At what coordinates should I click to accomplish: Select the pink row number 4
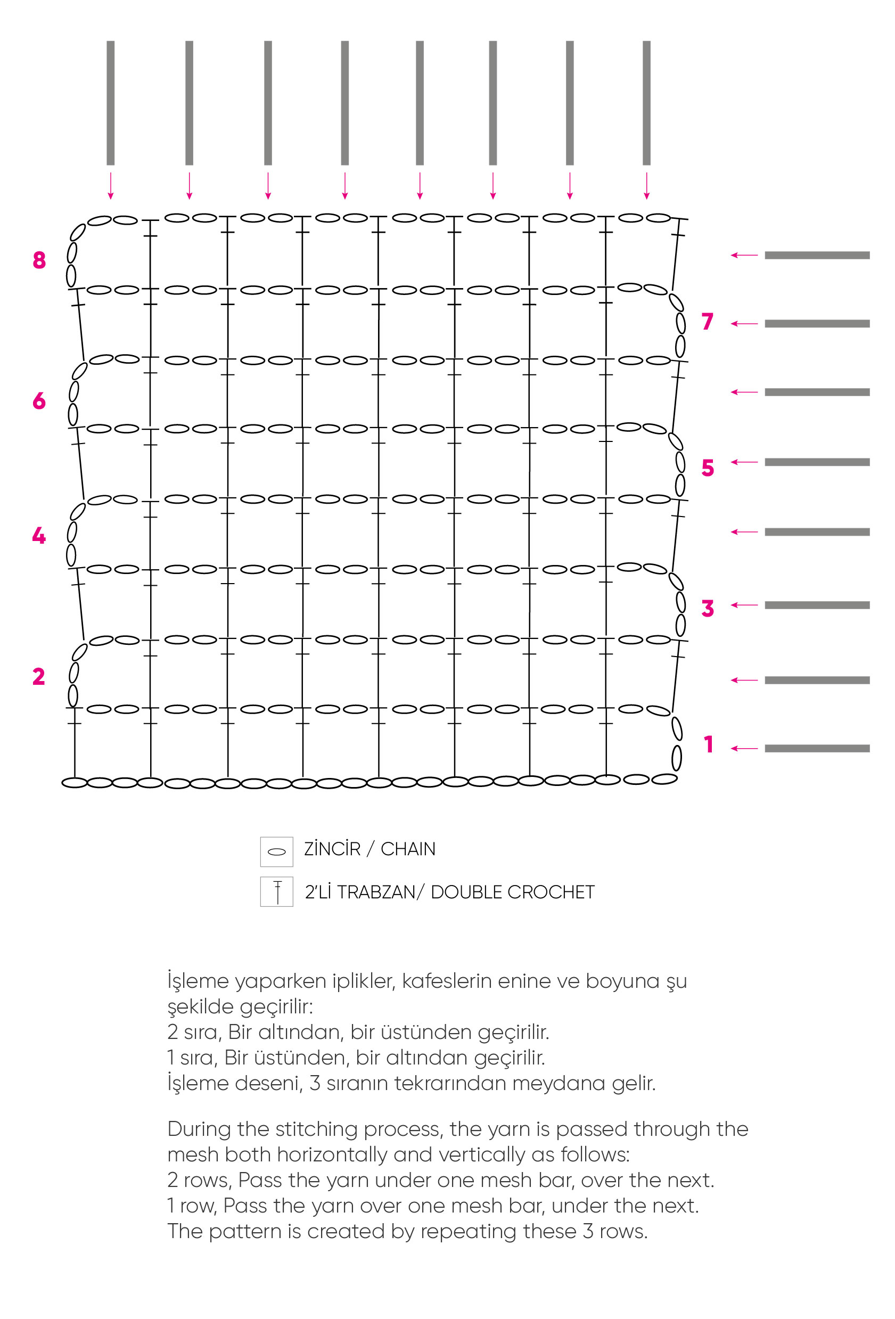pyautogui.click(x=38, y=535)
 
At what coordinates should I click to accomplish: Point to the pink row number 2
pyautogui.click(x=38, y=676)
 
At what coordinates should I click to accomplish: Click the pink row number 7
pyautogui.click(x=707, y=321)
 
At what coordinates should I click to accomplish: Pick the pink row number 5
pyautogui.click(x=707, y=468)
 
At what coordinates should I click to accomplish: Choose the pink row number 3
pyautogui.click(x=707, y=608)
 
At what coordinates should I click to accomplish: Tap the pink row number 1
pyautogui.click(x=708, y=744)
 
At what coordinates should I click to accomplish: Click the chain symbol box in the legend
pyautogui.click(x=276, y=851)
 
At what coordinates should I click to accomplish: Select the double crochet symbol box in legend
pyautogui.click(x=276, y=891)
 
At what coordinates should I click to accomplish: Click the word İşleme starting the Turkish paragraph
pyautogui.click(x=198, y=981)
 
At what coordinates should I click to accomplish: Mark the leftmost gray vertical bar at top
pyautogui.click(x=111, y=103)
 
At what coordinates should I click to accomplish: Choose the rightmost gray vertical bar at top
pyautogui.click(x=646, y=103)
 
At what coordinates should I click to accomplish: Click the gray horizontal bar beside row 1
pyautogui.click(x=817, y=748)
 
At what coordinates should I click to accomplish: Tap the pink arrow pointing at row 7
pyautogui.click(x=744, y=324)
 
